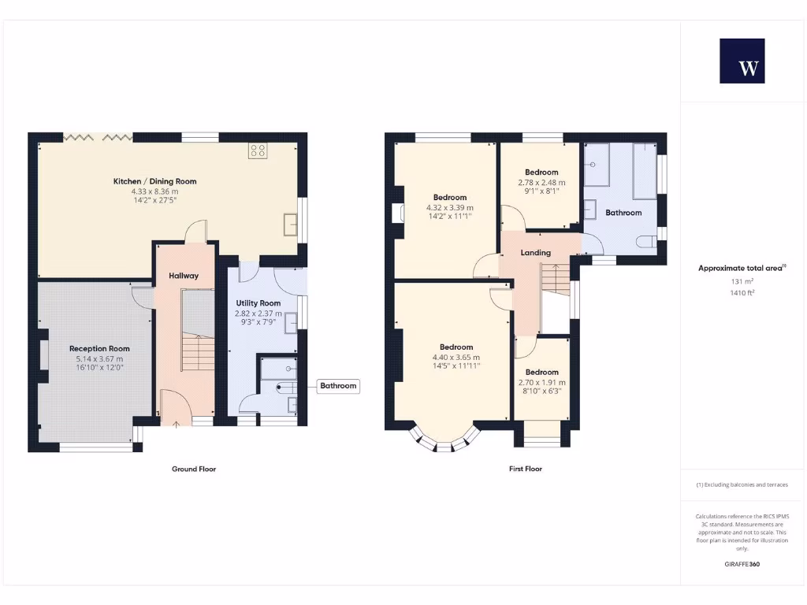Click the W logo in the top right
click(x=742, y=61)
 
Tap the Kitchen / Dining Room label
click(x=154, y=181)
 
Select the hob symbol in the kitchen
click(x=257, y=150)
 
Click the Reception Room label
click(x=99, y=348)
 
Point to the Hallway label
click(x=184, y=276)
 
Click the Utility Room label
click(x=258, y=302)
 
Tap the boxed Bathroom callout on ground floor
click(x=338, y=386)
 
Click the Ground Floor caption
click(x=194, y=469)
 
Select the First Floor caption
click(x=526, y=469)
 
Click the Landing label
click(x=536, y=253)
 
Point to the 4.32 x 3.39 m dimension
click(x=449, y=207)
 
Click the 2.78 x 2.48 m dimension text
click(x=541, y=182)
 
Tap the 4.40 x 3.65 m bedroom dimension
click(x=456, y=357)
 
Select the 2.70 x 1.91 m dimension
click(x=541, y=382)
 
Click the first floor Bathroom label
click(x=623, y=213)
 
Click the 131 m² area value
click(x=742, y=281)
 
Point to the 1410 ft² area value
click(x=742, y=293)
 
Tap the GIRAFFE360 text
click(x=742, y=564)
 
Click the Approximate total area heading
click(x=742, y=269)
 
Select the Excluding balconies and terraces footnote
click(x=742, y=484)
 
